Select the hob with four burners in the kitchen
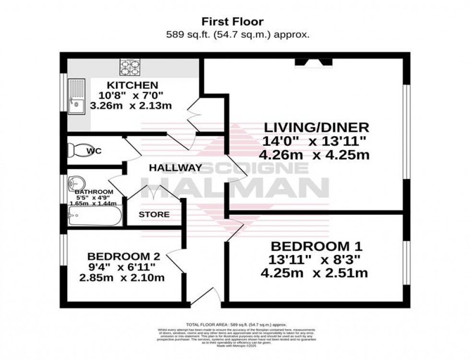(x=129, y=68)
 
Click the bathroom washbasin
(x=77, y=183)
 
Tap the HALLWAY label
(x=175, y=168)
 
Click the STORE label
(x=154, y=214)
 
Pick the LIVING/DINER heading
(x=317, y=128)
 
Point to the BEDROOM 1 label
(x=316, y=246)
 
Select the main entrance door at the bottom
(x=206, y=297)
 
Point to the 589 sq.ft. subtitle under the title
(x=237, y=35)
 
